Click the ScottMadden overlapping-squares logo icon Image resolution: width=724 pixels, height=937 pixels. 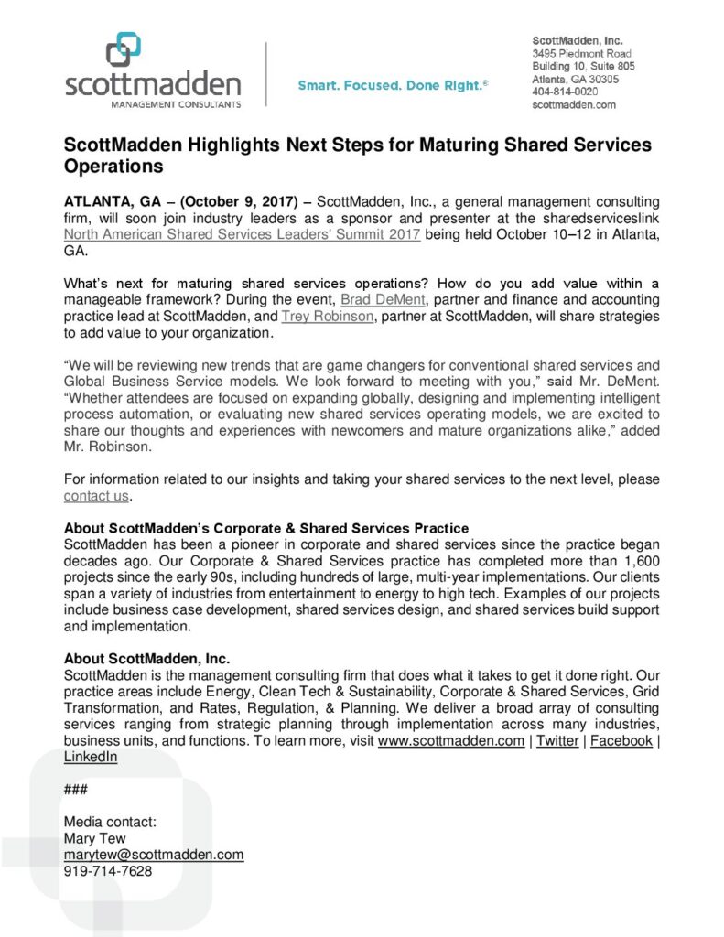pyautogui.click(x=124, y=50)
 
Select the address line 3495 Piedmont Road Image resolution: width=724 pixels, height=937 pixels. pyautogui.click(x=581, y=54)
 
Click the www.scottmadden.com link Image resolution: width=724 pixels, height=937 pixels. pyautogui.click(x=450, y=740)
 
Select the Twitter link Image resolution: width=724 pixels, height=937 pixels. pyautogui.click(x=557, y=740)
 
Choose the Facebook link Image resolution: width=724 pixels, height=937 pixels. pyautogui.click(x=621, y=740)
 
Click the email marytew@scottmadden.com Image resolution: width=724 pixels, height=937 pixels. pyautogui.click(x=153, y=854)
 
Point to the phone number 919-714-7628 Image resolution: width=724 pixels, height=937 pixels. pyautogui.click(x=108, y=870)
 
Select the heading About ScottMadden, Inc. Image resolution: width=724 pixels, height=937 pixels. pyautogui.click(x=146, y=658)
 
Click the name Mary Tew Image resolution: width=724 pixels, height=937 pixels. pyautogui.click(x=94, y=837)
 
